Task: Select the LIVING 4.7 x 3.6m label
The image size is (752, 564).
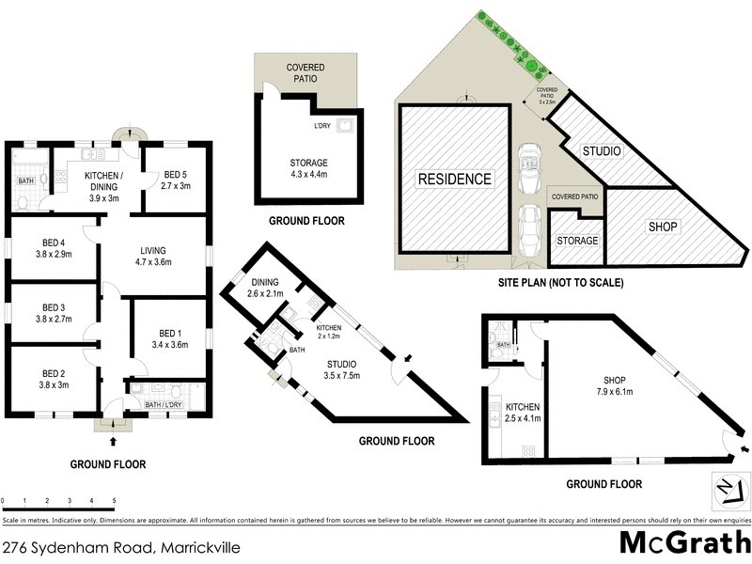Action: click(152, 257)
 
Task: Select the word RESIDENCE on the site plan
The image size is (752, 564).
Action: click(455, 179)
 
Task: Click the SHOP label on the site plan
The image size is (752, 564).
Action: click(663, 227)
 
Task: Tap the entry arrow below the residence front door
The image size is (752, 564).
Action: click(114, 440)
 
